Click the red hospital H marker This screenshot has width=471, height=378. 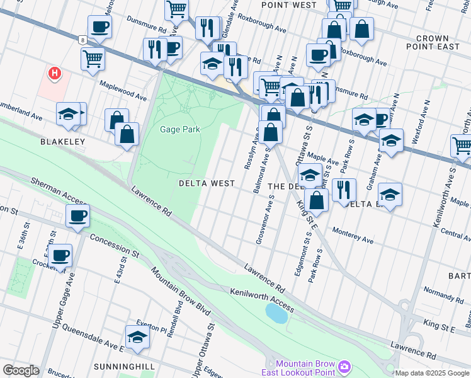point(55,73)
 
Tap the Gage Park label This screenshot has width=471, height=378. point(180,129)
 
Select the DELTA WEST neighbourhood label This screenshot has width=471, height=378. point(207,183)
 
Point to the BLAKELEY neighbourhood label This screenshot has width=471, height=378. point(62,142)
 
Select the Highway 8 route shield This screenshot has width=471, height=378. point(82,39)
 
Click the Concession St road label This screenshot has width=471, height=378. point(113,245)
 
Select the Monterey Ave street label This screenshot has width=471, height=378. point(353,236)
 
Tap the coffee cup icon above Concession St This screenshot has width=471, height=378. point(77,216)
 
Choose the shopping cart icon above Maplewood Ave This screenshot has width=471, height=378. point(93,59)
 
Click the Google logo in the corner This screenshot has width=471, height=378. point(21,370)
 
